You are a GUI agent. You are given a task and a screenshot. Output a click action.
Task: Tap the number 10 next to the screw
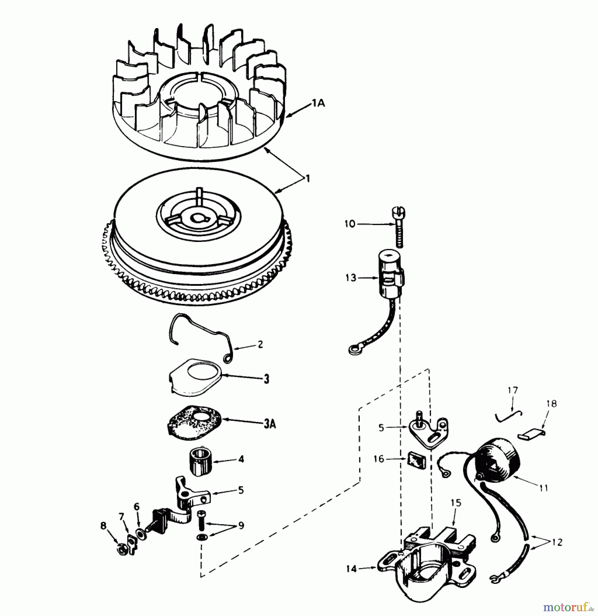pyautogui.click(x=350, y=224)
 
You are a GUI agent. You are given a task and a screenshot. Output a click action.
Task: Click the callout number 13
pyautogui.click(x=351, y=278)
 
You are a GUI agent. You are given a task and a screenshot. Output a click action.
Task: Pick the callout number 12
pyautogui.click(x=557, y=543)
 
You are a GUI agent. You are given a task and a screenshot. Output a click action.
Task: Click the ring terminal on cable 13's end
pyautogui.click(x=353, y=350)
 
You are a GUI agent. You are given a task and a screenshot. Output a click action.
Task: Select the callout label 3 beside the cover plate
pyautogui.click(x=266, y=379)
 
